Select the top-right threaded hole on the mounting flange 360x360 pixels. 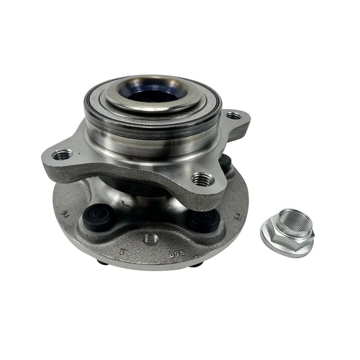pyautogui.click(x=234, y=116)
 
